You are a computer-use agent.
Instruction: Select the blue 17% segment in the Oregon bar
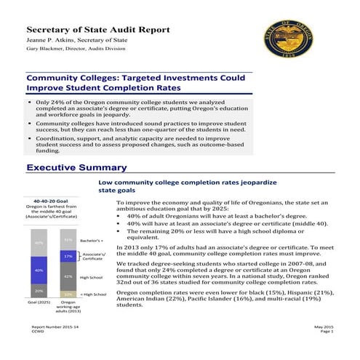click(67, 256)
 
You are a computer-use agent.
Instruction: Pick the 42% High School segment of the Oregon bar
click(67, 276)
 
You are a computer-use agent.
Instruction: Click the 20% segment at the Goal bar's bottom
click(39, 290)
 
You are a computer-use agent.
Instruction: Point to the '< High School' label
click(93, 294)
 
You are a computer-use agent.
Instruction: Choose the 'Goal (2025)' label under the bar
click(39, 302)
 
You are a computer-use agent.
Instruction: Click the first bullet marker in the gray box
click(30, 103)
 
